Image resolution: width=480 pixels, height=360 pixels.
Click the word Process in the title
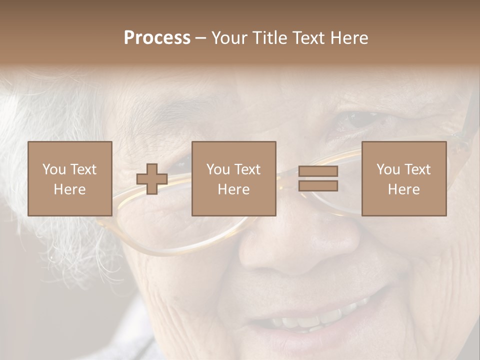(157, 38)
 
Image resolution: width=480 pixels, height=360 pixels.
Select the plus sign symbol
(152, 179)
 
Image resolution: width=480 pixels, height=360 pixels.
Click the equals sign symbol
(318, 178)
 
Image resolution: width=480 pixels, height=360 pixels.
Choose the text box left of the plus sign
(70, 178)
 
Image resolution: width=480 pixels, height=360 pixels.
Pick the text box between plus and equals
(234, 178)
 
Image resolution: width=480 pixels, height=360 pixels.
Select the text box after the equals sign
(404, 178)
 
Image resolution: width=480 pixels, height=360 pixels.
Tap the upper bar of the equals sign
(318, 171)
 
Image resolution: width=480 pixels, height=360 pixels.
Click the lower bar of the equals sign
(318, 186)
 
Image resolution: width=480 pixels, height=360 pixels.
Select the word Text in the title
(307, 38)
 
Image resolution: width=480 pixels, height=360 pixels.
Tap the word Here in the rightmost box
(404, 189)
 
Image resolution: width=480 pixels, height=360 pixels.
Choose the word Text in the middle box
(247, 169)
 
